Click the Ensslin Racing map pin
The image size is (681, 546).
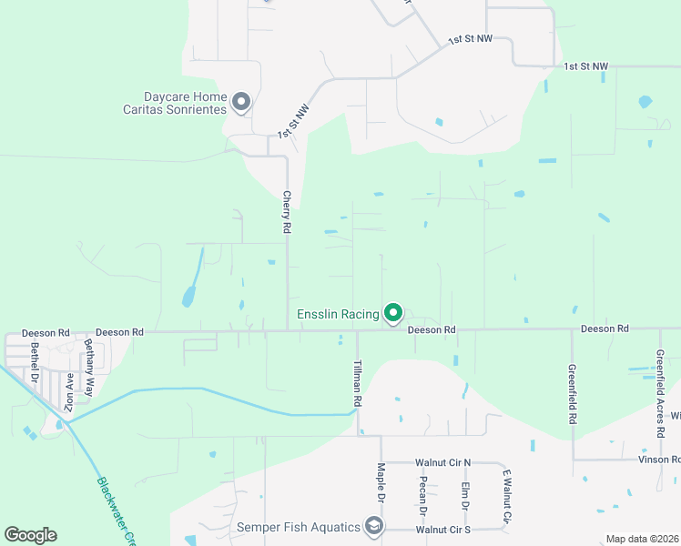(393, 313)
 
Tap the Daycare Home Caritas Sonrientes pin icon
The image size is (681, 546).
(241, 101)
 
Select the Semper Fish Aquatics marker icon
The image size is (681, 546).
(373, 526)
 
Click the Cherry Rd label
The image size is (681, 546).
(286, 212)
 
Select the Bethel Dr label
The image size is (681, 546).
(35, 360)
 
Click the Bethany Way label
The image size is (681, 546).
(89, 357)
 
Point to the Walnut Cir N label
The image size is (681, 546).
(442, 462)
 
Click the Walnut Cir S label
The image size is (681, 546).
(443, 529)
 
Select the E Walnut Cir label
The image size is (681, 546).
(507, 495)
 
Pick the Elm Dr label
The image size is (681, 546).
(464, 493)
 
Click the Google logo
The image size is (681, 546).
(30, 535)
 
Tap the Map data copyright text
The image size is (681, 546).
(641, 539)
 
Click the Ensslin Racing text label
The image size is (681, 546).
(338, 315)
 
